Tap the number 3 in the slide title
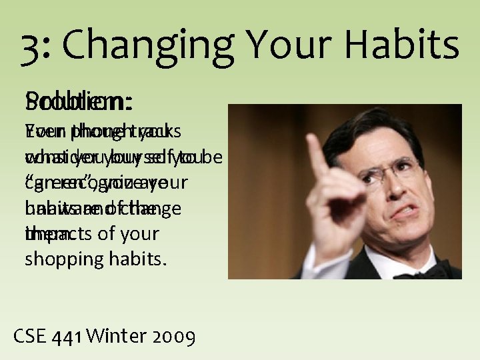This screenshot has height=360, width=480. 31,45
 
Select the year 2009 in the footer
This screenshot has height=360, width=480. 175,337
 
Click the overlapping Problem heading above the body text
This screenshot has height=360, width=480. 79,103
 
